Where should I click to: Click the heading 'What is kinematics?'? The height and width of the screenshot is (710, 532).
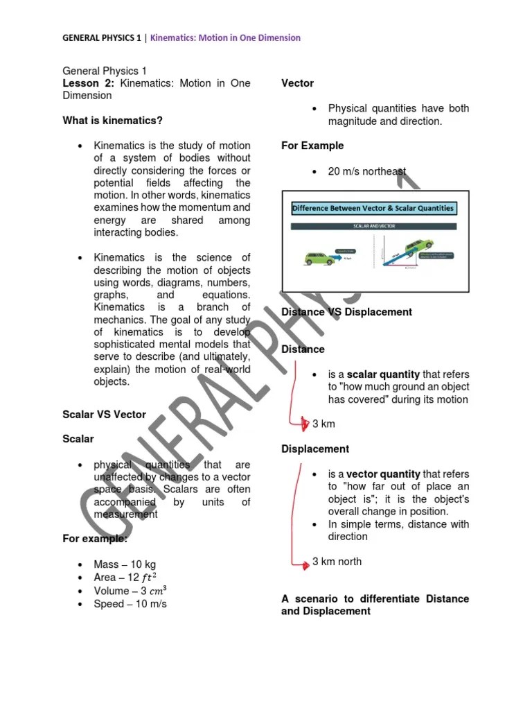(x=113, y=121)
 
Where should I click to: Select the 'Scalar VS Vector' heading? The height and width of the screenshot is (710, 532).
(x=105, y=415)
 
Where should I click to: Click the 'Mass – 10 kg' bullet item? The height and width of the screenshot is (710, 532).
(x=125, y=565)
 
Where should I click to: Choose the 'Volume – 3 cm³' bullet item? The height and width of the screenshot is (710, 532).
(x=130, y=591)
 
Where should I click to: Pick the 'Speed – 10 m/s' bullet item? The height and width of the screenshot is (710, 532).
(x=130, y=604)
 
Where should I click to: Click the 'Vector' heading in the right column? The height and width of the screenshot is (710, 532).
(x=297, y=83)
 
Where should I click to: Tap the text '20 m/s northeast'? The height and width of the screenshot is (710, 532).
(x=367, y=171)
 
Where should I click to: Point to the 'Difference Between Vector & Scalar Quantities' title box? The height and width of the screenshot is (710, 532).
(x=373, y=208)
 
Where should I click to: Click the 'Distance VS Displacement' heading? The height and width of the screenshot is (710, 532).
(x=346, y=312)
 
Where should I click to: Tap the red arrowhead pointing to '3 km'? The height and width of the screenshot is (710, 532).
(x=305, y=424)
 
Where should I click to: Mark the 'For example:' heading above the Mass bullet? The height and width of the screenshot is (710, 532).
(x=95, y=539)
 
